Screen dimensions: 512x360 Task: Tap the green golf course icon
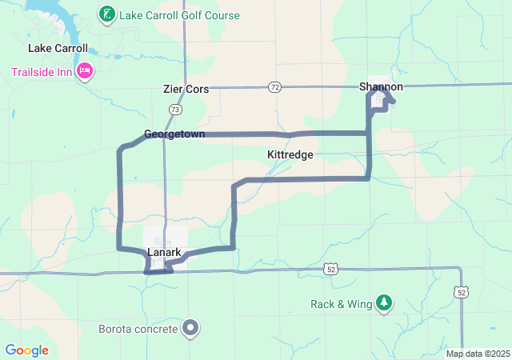coord(106,14)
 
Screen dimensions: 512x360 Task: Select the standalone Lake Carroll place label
coord(58,48)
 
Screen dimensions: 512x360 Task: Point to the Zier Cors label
coord(186,89)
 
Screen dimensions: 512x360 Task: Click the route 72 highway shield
coord(275,86)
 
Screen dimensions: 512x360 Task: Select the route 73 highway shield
coord(175,108)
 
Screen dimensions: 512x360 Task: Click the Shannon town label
coord(381,86)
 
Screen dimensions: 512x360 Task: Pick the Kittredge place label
coord(290,154)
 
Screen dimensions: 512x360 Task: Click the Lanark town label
coord(163,253)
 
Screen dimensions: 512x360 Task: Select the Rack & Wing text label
coord(342,304)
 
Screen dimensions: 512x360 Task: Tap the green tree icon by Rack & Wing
coord(385,302)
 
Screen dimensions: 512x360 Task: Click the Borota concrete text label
coord(138,328)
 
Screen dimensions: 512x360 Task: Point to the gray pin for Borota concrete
coord(190,326)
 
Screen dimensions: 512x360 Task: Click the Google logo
coord(27,350)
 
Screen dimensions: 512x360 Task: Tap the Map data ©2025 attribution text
coord(477,354)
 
